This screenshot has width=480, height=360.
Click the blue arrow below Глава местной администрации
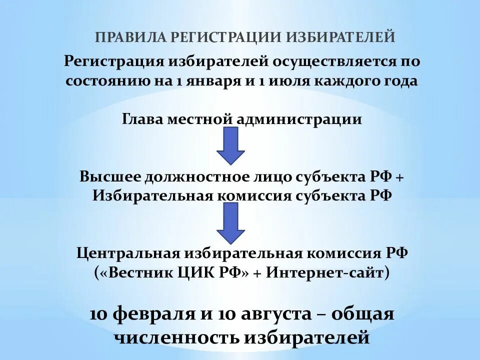tap(230, 145)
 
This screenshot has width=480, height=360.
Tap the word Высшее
tap(109, 176)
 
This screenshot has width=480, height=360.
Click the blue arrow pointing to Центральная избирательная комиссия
tap(230, 222)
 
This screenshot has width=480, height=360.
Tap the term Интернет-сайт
tap(322, 273)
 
